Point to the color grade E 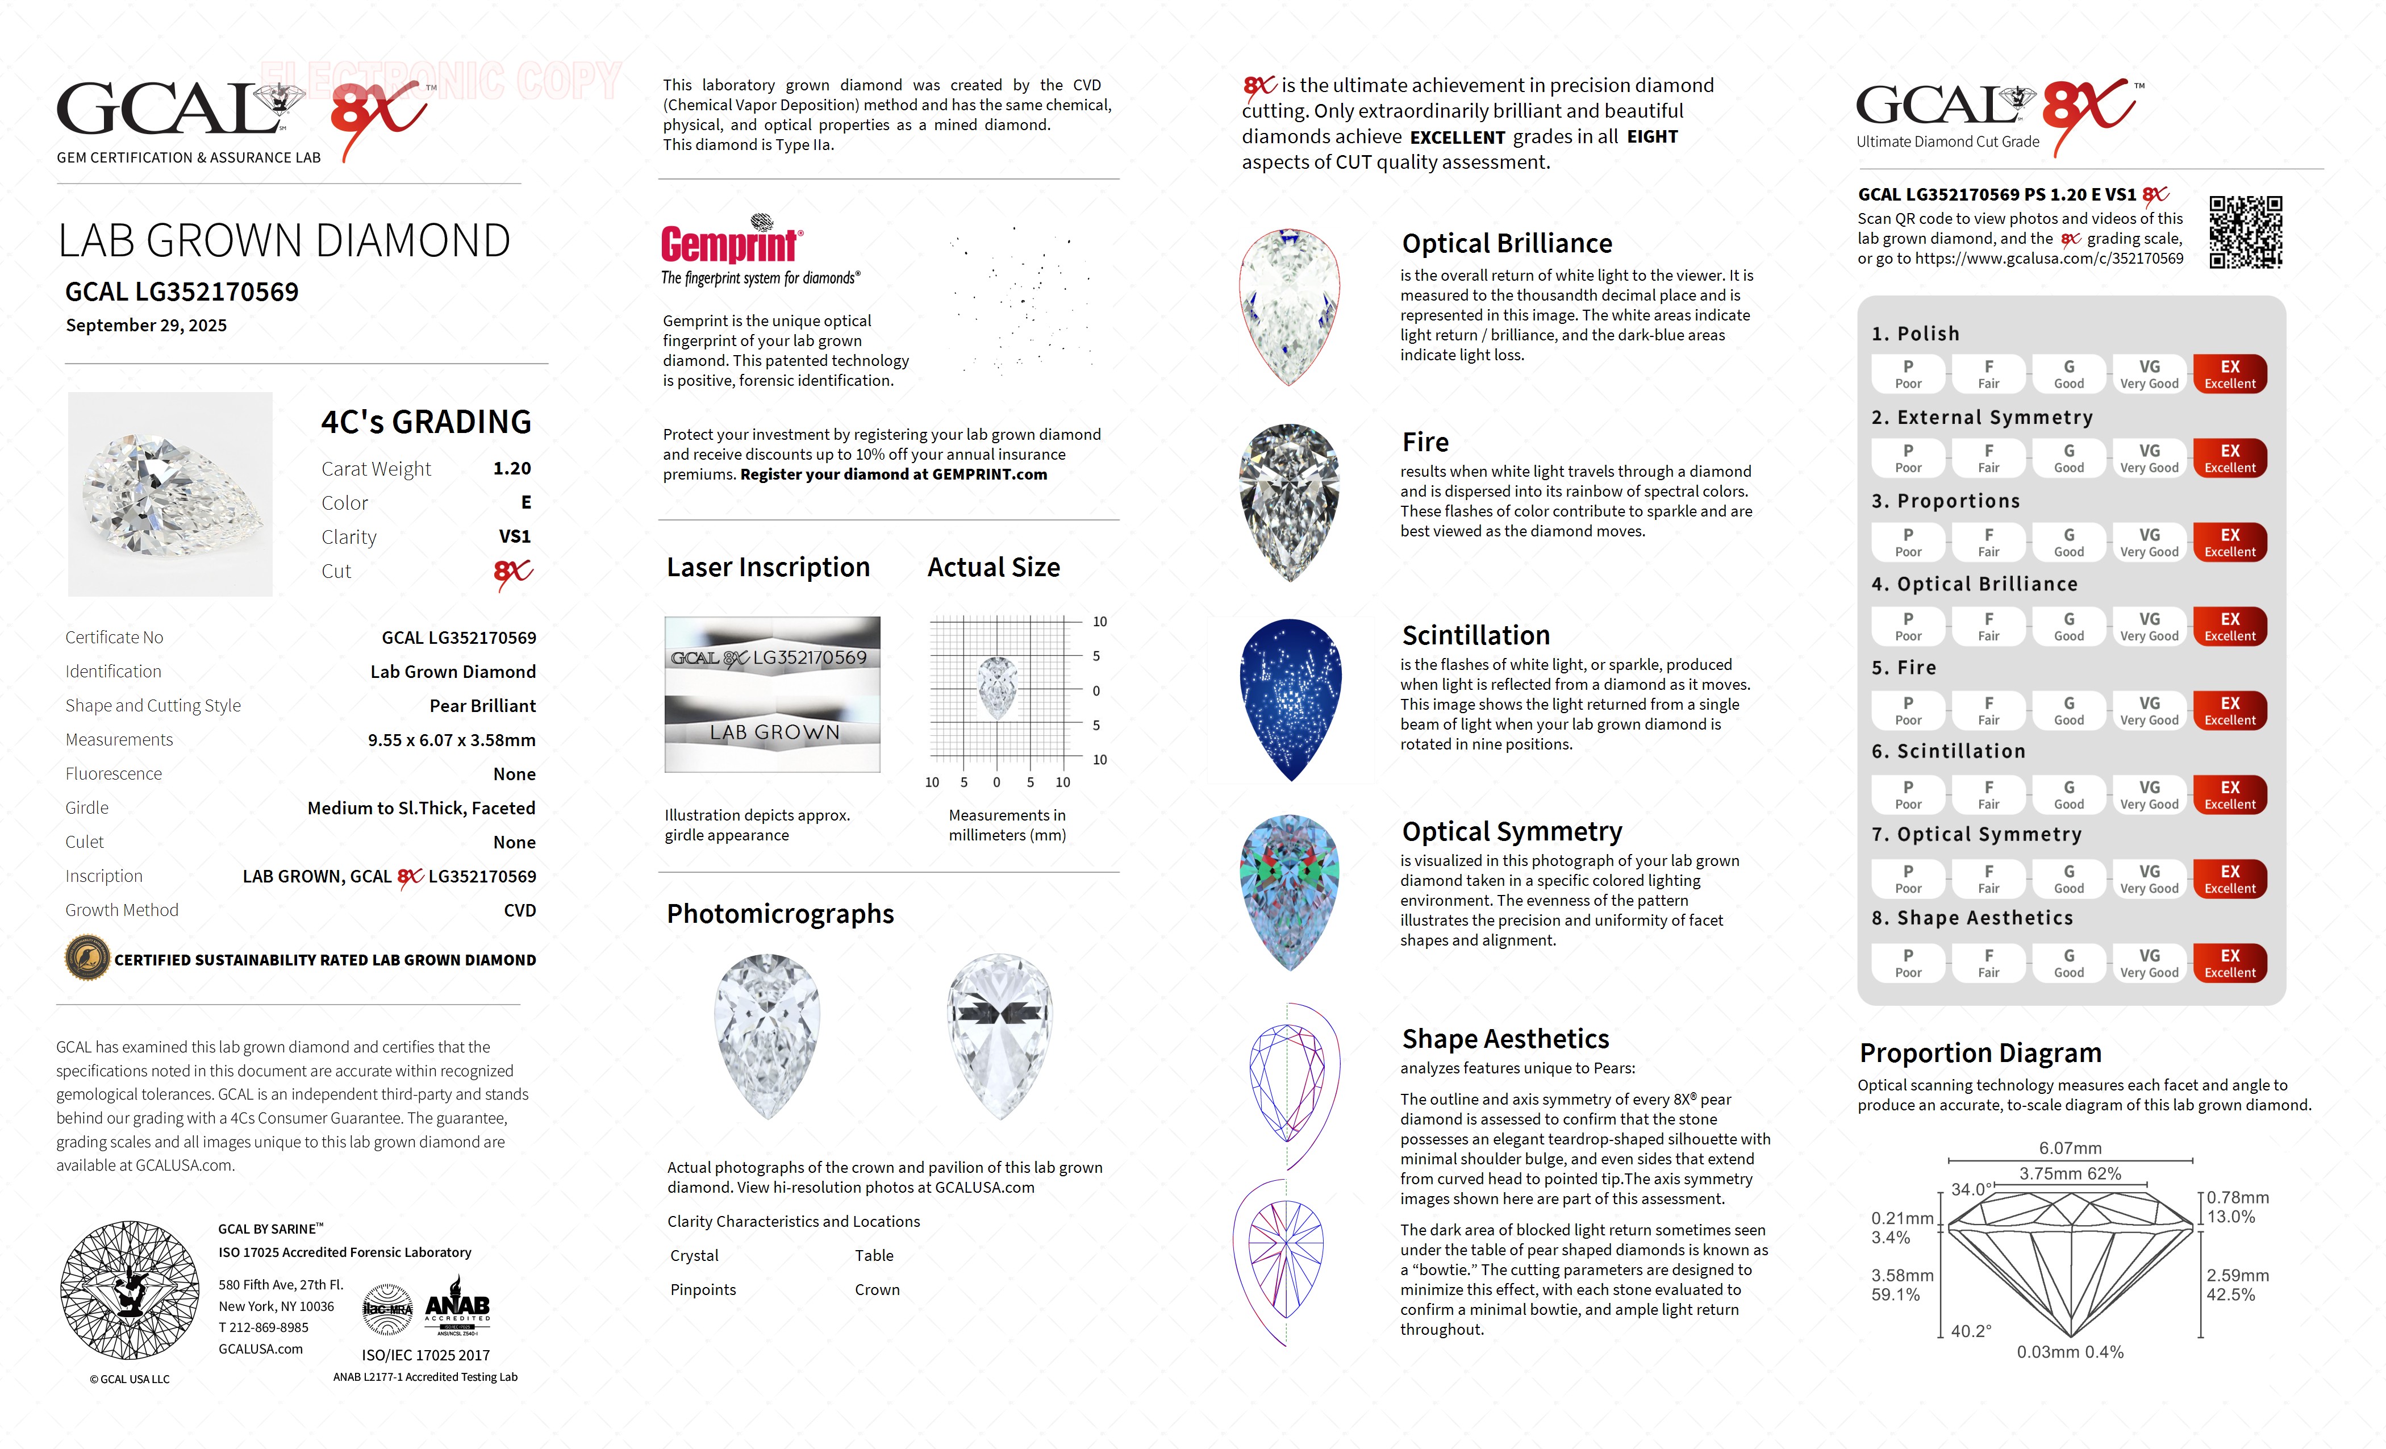[526, 503]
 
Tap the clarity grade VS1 [514, 536]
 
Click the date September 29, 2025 [146, 326]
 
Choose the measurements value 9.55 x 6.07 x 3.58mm [451, 740]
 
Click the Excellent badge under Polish [2229, 374]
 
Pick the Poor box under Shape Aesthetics [1908, 963]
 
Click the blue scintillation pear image [1290, 699]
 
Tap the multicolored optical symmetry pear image [1290, 891]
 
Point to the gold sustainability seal [87, 959]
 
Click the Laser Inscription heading [768, 568]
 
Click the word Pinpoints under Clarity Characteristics [703, 1290]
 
